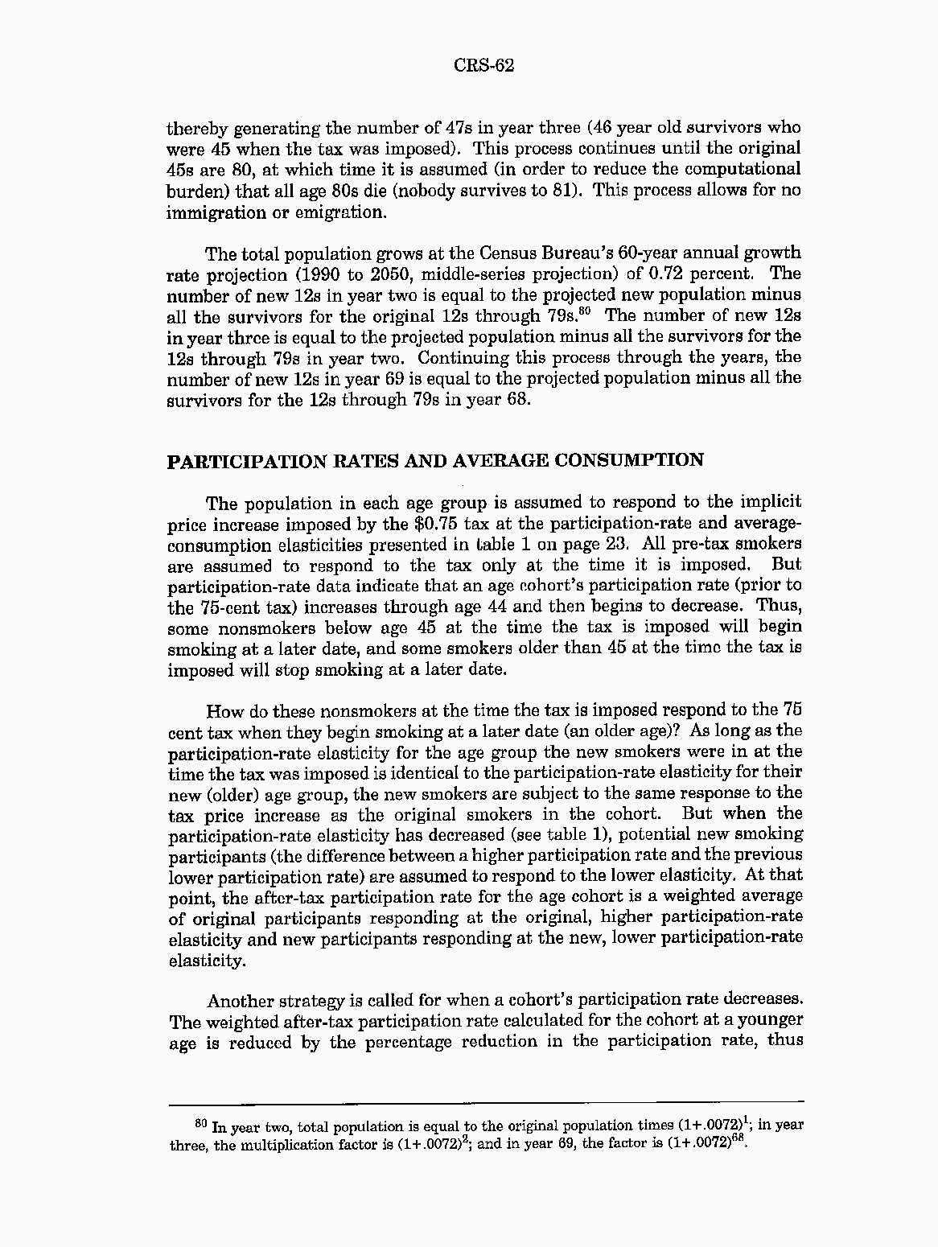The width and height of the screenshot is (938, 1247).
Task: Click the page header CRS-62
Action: pos(483,66)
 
